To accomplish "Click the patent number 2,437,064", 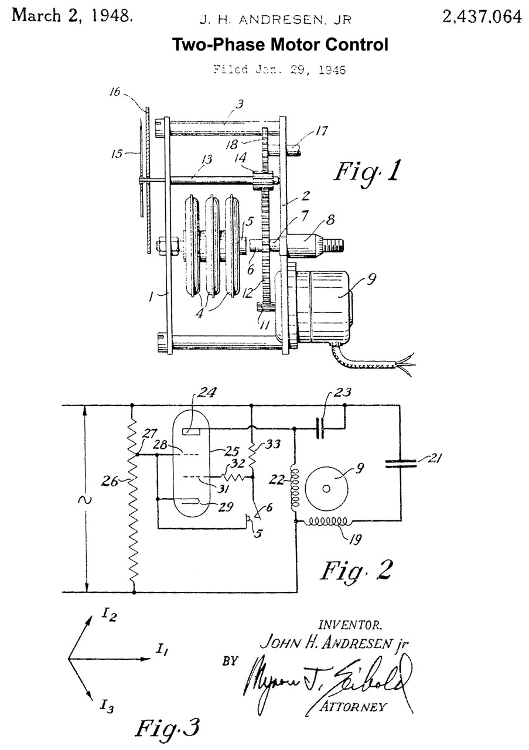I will (x=482, y=17).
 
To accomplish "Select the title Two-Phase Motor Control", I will (x=279, y=45).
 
